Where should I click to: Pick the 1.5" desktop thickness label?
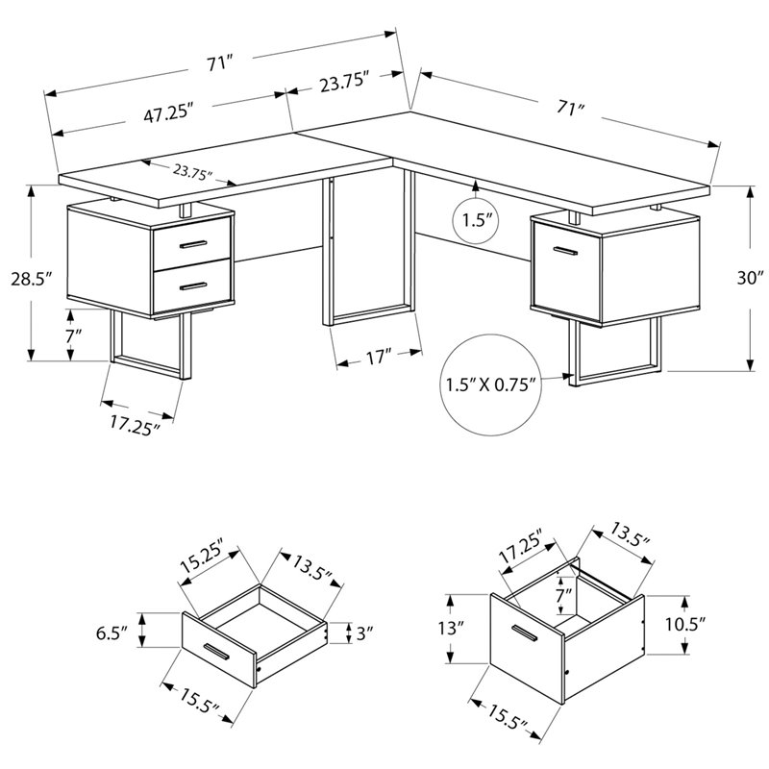tap(477, 220)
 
